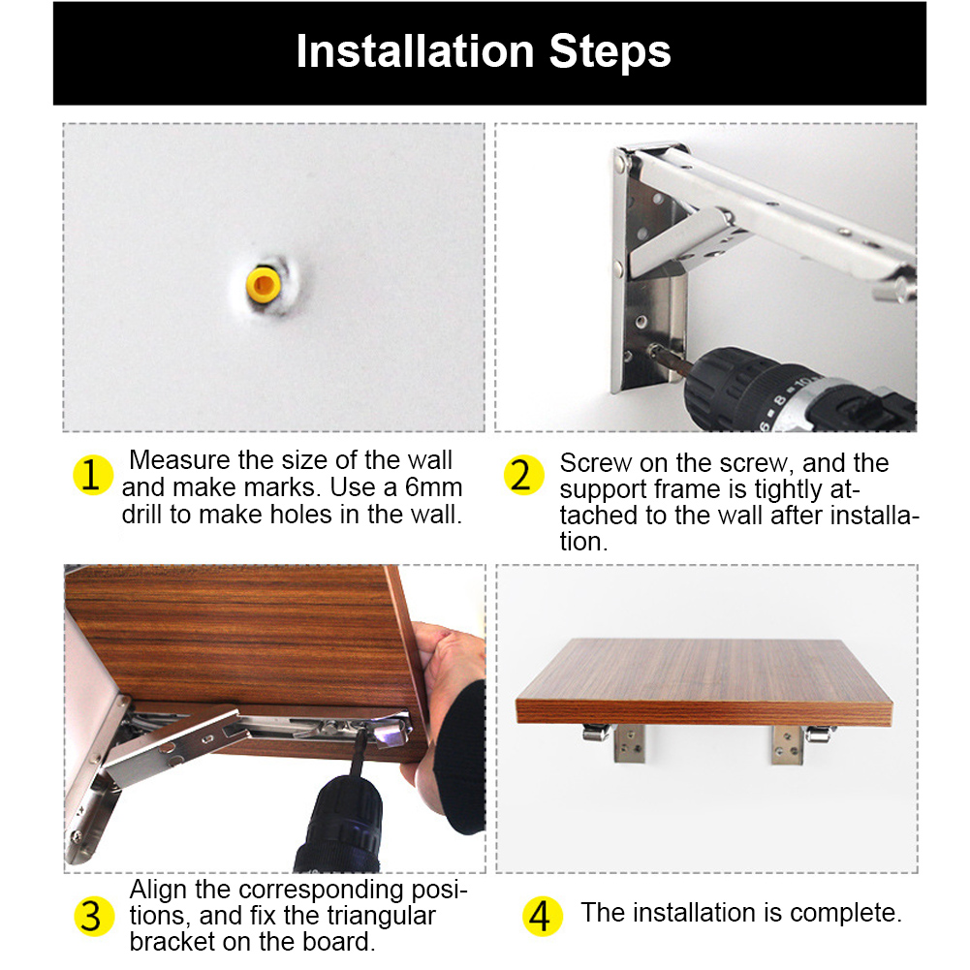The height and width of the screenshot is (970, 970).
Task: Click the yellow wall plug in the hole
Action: pos(264,285)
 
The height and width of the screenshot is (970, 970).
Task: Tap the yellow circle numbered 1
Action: pos(93,475)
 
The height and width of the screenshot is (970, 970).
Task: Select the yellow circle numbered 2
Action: pos(523,475)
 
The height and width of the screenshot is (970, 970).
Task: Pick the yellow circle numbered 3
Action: pos(93,916)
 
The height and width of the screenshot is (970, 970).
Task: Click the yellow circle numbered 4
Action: pos(542,916)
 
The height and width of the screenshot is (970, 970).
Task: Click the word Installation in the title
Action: pos(415,51)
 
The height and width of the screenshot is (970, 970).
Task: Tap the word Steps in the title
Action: pos(610,52)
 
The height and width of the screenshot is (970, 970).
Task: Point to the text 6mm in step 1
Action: pos(434,487)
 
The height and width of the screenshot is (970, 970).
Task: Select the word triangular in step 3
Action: pos(382,917)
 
